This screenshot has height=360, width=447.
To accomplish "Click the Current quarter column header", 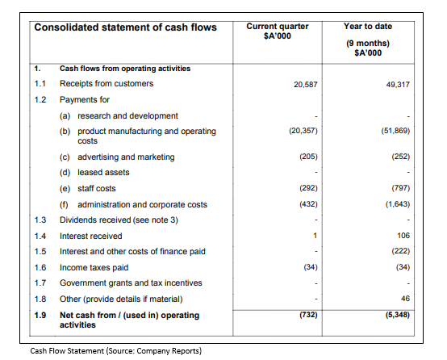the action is [278, 31].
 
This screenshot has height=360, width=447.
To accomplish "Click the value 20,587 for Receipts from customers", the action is [306, 85].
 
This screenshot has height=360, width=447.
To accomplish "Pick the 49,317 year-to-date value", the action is [398, 85].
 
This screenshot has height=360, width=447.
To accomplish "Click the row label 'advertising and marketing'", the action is [126, 157].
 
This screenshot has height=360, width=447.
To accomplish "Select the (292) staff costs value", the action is [308, 188].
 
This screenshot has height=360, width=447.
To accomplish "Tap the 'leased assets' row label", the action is [103, 172].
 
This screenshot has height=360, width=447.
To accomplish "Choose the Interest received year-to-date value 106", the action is [403, 236].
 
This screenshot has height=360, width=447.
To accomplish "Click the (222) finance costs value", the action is [401, 251].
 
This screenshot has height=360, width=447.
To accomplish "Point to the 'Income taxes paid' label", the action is [94, 267].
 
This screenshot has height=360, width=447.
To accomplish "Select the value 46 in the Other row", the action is [405, 299].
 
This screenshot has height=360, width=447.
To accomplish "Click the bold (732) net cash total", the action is [308, 315].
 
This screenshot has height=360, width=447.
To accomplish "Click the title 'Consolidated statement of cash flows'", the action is [125, 27].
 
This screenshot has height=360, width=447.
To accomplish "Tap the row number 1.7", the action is [40, 283].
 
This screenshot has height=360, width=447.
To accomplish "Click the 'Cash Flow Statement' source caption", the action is [115, 350].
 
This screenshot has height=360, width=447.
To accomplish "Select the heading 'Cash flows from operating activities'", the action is [125, 69].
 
